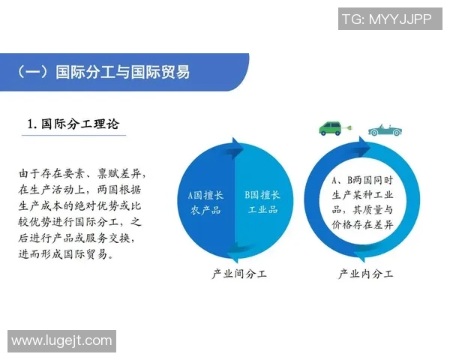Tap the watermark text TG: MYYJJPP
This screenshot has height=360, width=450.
point(386,19)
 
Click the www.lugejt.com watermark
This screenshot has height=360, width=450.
point(61,341)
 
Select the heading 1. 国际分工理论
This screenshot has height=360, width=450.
point(73,124)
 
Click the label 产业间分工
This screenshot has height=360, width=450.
point(239,274)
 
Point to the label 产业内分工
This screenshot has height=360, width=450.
point(366,274)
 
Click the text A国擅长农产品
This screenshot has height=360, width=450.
point(205,202)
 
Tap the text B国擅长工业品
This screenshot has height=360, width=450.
point(262,202)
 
